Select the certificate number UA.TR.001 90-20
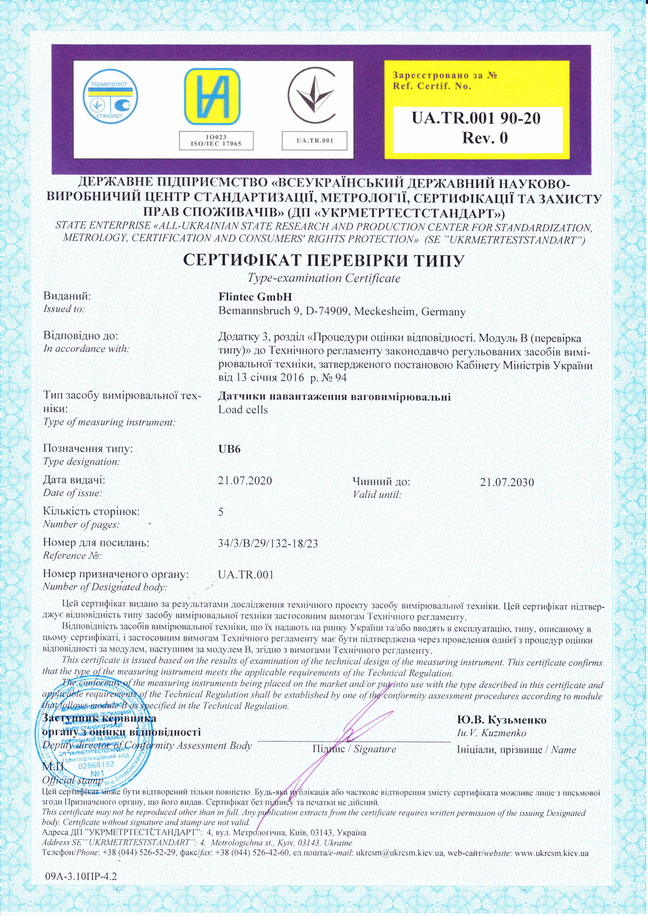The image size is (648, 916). tap(476, 119)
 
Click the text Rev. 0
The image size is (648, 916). tap(485, 138)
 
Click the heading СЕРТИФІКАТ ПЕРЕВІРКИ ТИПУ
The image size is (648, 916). tap(324, 261)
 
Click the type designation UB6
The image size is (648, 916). tap(229, 449)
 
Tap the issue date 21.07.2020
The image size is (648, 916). tap(245, 480)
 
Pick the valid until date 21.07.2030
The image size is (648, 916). tap(507, 482)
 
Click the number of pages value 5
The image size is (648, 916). tap(221, 512)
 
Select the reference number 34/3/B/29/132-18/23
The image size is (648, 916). tap(268, 543)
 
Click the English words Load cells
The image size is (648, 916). tap(243, 410)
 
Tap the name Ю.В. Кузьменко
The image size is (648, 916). tap(501, 720)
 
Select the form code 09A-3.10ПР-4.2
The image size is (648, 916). tap(81, 876)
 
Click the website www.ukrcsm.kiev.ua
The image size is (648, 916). tap(551, 853)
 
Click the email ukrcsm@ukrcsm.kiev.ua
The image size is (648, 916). tap(399, 853)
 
